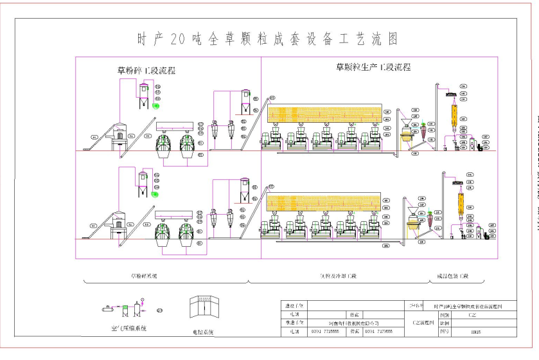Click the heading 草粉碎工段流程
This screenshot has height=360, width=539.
(x=146, y=71)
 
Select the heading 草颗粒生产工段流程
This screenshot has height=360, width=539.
(x=373, y=67)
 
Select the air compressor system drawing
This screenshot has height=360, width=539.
(x=125, y=310)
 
